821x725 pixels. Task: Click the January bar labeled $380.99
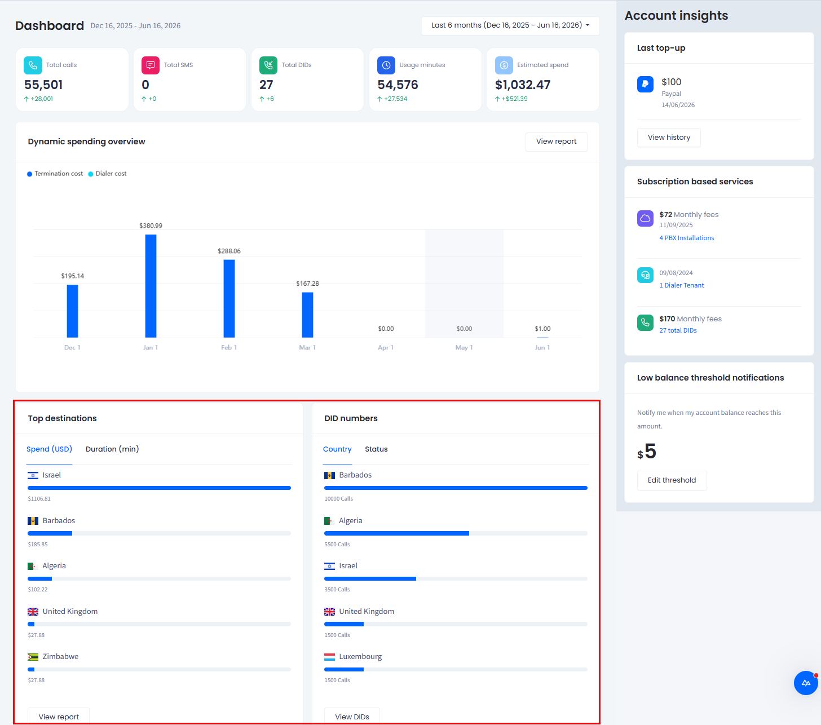[x=151, y=286]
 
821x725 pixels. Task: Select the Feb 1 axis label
[x=229, y=347]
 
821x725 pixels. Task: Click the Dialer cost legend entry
[x=107, y=174]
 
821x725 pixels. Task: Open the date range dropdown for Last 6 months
[x=510, y=25]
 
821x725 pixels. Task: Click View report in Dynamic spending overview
[x=556, y=142]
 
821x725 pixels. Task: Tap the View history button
[x=669, y=138]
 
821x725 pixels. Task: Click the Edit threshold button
[x=672, y=480]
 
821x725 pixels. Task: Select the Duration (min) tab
[x=112, y=449]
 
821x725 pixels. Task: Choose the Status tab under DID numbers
[x=376, y=449]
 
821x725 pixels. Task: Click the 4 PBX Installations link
[x=686, y=238]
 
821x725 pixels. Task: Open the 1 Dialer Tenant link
[x=682, y=285]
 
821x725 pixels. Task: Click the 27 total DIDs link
[x=678, y=330]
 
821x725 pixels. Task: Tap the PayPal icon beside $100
[x=645, y=85]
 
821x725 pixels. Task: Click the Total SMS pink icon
[x=151, y=65]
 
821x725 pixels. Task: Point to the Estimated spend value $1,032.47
[x=523, y=85]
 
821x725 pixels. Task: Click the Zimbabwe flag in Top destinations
[x=33, y=657]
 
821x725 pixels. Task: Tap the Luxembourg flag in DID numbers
[x=329, y=657]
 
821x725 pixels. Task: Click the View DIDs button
[x=352, y=716]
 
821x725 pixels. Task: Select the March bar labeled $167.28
[x=307, y=315]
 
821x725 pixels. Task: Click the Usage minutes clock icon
[x=386, y=65]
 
